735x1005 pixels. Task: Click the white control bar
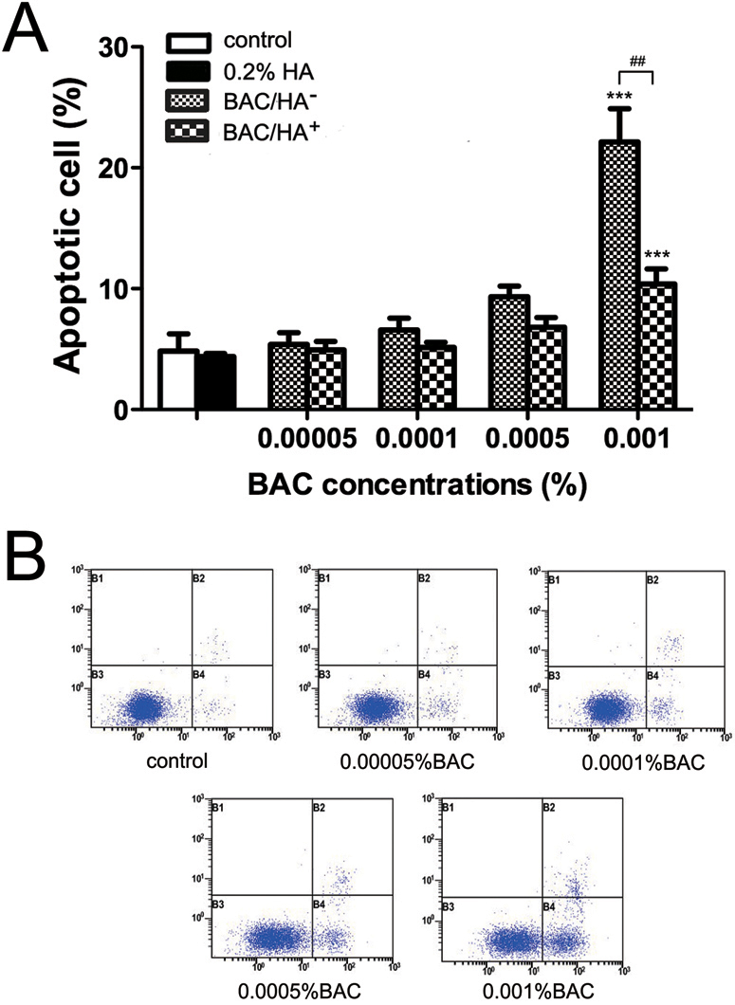pyautogui.click(x=177, y=380)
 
